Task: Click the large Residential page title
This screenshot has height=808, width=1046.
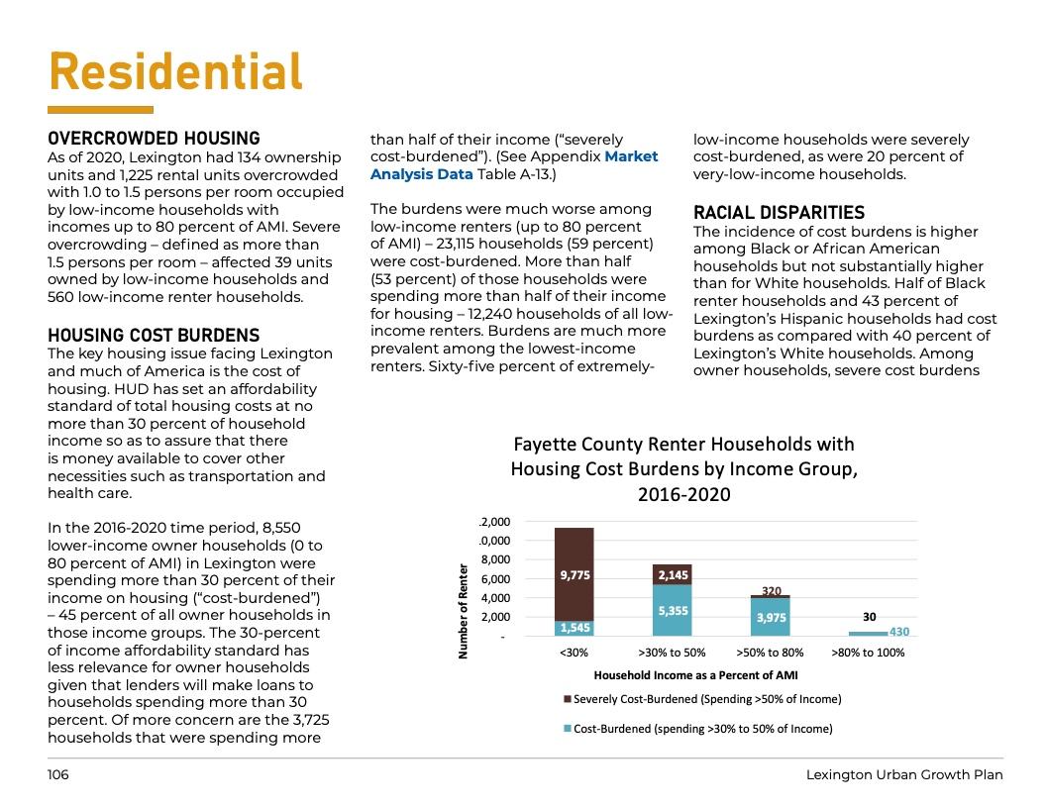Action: (175, 72)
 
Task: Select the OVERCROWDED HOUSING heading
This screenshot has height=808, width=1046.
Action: (154, 139)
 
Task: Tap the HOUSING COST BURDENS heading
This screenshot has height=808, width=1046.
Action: (154, 336)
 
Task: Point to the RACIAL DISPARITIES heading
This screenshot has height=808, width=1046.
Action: (779, 213)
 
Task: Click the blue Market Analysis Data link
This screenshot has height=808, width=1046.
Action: (514, 165)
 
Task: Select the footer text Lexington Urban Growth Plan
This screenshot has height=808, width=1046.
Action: (903, 774)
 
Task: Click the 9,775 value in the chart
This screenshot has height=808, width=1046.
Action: (575, 573)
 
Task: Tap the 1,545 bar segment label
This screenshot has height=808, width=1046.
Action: (575, 627)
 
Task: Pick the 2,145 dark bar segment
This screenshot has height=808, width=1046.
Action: (672, 573)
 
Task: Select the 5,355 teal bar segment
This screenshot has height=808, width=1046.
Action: (672, 611)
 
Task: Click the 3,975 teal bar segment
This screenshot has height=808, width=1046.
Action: (770, 617)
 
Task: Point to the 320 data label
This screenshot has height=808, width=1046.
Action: (771, 590)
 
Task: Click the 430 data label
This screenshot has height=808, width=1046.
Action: (899, 632)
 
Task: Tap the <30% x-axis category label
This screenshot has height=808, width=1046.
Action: (574, 653)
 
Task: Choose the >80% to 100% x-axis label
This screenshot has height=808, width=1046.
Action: (869, 653)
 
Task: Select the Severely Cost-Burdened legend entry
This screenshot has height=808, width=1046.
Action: (702, 699)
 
